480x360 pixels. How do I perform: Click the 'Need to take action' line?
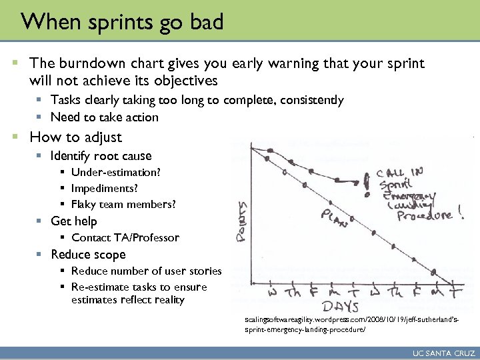pos(105,117)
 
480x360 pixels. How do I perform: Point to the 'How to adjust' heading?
pos(76,137)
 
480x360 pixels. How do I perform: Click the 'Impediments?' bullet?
pos(105,188)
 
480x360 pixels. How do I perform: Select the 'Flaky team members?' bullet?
pos(124,204)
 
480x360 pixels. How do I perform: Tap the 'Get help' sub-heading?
pos(74,221)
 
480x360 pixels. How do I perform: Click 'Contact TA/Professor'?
pos(125,238)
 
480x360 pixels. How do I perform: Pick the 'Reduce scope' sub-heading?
pos(88,255)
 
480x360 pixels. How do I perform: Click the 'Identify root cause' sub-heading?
pos(101,156)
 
